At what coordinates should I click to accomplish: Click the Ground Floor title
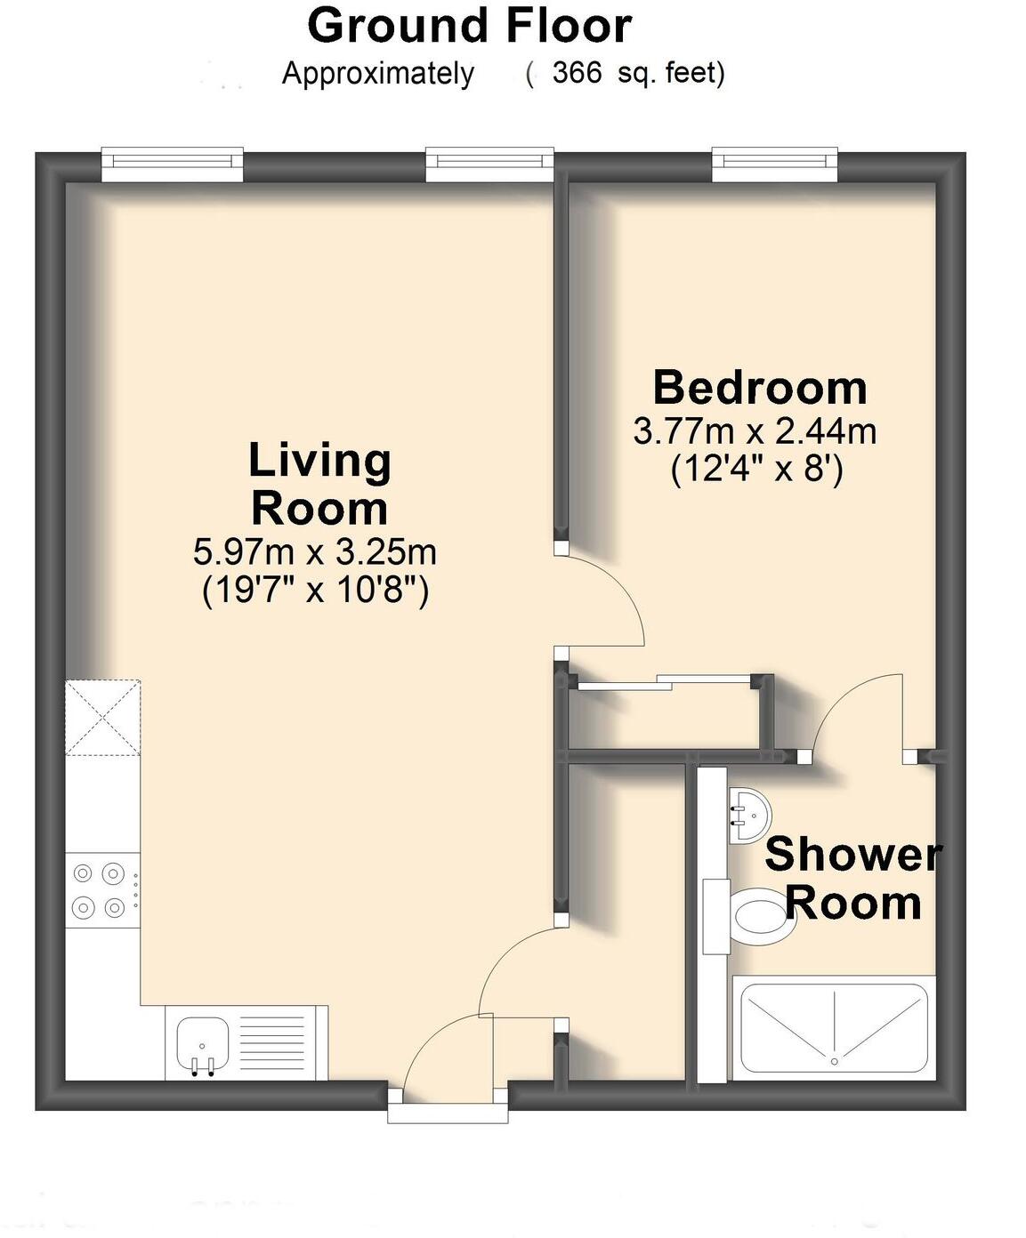(469, 26)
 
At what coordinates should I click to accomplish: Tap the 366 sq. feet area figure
(637, 73)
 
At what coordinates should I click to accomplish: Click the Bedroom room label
(760, 388)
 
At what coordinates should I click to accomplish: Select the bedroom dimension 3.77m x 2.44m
(755, 431)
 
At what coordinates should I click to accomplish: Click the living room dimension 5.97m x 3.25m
(315, 552)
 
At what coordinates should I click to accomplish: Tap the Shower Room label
(852, 879)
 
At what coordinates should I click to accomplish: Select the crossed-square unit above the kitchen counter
(102, 717)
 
